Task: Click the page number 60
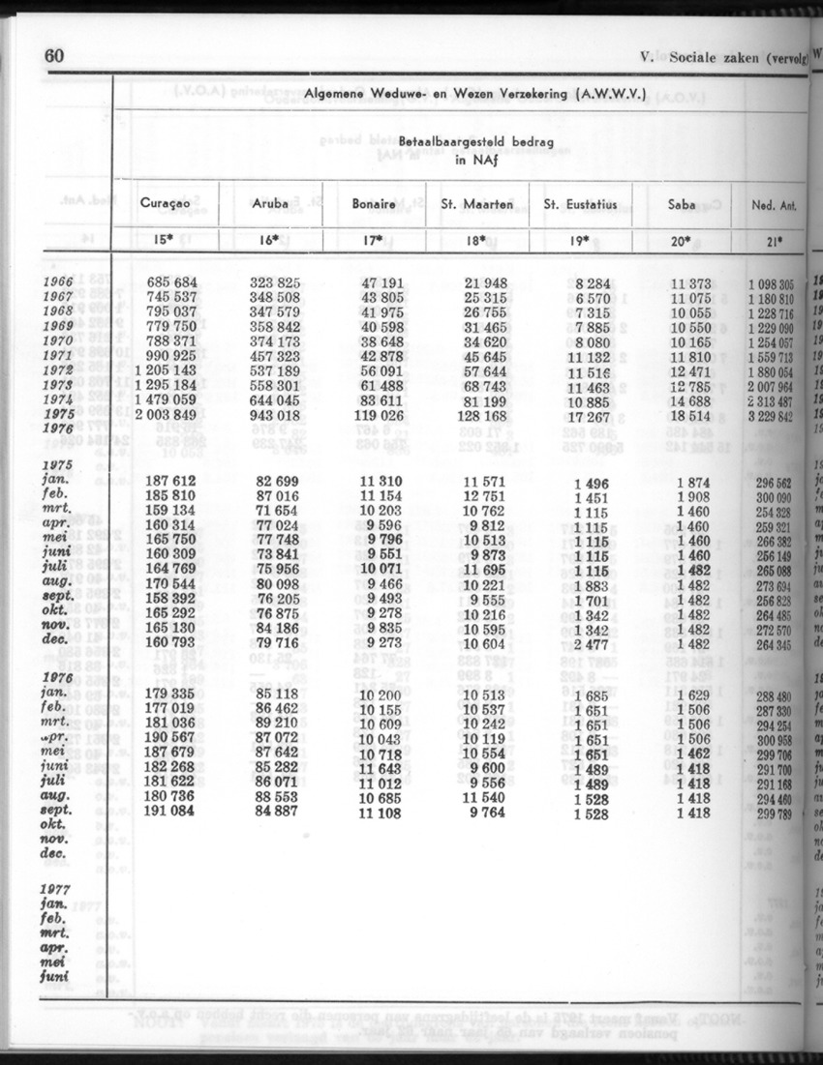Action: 54,56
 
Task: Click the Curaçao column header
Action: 166,204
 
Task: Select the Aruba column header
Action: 270,204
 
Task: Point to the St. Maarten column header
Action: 476,204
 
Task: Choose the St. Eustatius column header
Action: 580,204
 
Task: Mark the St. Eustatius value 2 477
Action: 589,642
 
